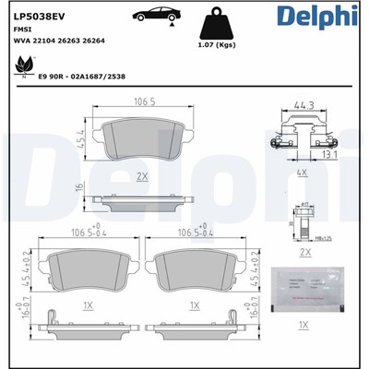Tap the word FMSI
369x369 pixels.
coord(23,30)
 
